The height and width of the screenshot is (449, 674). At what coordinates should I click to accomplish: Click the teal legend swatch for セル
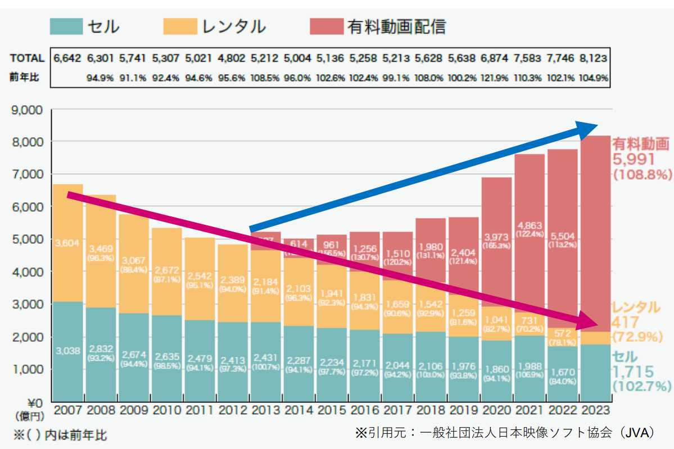click(x=66, y=26)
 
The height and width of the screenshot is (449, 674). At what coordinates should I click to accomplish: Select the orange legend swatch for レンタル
click(x=180, y=26)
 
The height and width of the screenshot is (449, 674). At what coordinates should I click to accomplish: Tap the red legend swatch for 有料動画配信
click(x=326, y=26)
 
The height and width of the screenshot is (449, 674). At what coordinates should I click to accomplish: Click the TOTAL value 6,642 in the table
click(x=67, y=58)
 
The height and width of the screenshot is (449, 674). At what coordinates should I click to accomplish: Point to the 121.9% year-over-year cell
click(x=496, y=78)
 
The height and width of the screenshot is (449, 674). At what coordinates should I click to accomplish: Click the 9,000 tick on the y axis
click(x=28, y=110)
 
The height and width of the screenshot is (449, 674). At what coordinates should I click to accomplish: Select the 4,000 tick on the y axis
click(x=28, y=272)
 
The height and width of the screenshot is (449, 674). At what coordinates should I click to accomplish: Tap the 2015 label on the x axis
click(x=332, y=410)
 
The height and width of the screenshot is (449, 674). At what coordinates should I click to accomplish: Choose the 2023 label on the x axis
click(x=595, y=410)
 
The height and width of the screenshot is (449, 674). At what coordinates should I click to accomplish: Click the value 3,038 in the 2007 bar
click(x=68, y=351)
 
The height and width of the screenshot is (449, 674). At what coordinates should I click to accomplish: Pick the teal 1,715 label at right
click(x=633, y=371)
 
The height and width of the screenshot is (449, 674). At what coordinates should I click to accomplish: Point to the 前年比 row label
click(x=24, y=78)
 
